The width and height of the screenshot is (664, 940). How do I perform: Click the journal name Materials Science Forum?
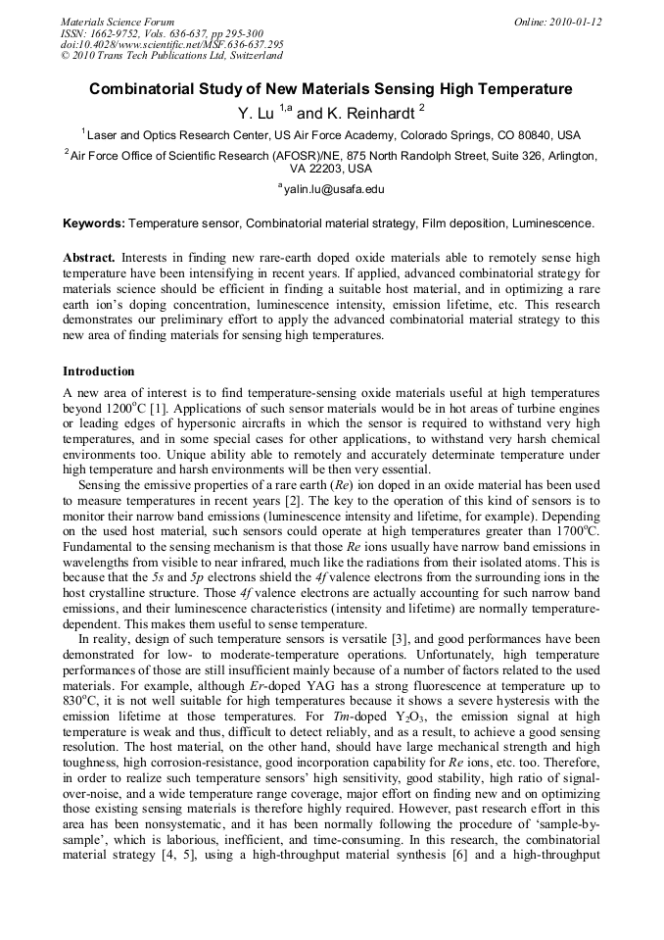118,22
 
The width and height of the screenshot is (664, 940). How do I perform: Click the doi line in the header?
171,44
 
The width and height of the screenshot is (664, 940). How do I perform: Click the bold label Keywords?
94,223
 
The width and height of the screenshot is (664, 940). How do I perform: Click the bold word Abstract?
89,258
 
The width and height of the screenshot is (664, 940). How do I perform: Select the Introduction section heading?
99,371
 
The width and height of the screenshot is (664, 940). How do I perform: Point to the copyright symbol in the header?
66,56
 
